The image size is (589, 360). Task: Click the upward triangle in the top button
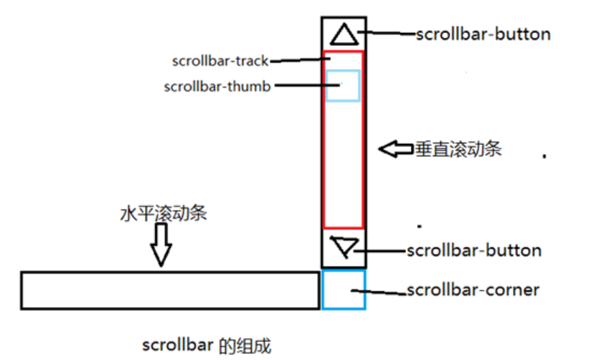[344, 34]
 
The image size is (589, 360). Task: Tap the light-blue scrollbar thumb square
[343, 85]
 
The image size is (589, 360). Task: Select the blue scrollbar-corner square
[344, 290]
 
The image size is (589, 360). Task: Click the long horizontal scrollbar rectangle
[169, 290]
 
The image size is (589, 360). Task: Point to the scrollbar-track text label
[220, 61]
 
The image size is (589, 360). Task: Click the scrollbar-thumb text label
[217, 87]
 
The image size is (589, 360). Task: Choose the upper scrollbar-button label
[484, 34]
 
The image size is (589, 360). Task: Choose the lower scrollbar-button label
[474, 251]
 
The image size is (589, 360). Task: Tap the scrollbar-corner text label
[473, 290]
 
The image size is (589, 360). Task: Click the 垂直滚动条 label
[457, 150]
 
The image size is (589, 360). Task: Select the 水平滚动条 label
[164, 214]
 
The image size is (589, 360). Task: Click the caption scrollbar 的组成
[207, 345]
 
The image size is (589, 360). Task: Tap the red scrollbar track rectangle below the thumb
[343, 165]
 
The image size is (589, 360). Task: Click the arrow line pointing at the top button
[387, 33]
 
